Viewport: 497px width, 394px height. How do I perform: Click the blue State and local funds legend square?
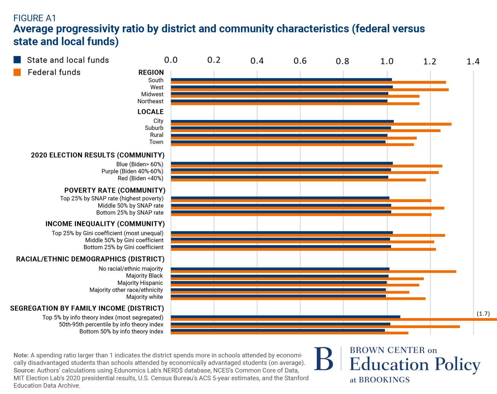click(x=17, y=60)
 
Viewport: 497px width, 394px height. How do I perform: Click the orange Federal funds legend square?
click(x=17, y=72)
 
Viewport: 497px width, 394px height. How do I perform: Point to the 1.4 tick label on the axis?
click(x=473, y=61)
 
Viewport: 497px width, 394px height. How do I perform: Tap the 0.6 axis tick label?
click(x=300, y=61)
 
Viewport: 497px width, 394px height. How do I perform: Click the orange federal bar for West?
click(x=309, y=90)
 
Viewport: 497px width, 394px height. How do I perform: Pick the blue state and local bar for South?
click(x=281, y=80)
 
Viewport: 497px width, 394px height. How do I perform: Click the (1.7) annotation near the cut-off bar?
click(x=483, y=313)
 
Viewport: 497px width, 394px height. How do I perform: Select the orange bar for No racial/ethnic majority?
click(x=313, y=271)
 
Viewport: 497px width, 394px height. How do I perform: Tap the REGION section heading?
click(x=151, y=72)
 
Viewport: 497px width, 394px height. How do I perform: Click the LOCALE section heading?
click(x=150, y=112)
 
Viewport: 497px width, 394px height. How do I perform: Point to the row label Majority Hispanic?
click(x=140, y=283)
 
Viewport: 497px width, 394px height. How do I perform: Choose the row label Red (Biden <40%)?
click(x=140, y=178)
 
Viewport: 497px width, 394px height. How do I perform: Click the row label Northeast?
click(x=150, y=101)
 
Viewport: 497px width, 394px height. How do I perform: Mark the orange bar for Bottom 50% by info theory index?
click(x=289, y=333)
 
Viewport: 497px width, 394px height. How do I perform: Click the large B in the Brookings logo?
click(x=324, y=359)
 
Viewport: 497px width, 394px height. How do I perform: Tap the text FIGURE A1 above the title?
click(x=34, y=18)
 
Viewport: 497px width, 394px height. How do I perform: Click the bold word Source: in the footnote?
click(x=24, y=370)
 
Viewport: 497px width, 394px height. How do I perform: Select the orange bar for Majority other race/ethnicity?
click(x=290, y=292)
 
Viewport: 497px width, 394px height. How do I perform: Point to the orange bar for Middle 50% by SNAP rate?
click(x=307, y=208)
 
